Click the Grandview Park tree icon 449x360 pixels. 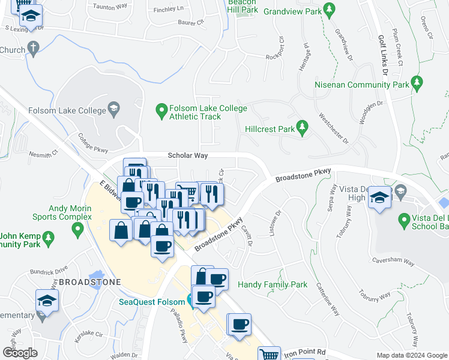point(328,10)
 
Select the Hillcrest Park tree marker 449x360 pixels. point(303,127)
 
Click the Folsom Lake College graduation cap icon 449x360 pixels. point(112,109)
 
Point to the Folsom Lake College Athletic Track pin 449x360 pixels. point(161,110)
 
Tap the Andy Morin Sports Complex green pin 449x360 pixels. point(77,229)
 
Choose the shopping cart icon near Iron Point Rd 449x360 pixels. point(270,355)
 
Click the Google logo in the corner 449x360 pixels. point(20,352)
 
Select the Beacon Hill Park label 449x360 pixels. point(243,7)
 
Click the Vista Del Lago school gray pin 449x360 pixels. point(402,192)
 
